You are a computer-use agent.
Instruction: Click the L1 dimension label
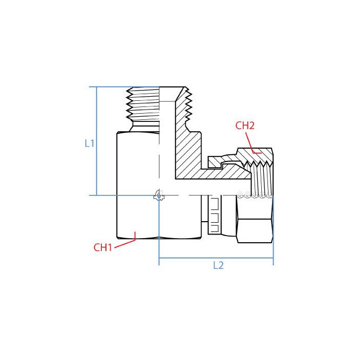pos(89,145)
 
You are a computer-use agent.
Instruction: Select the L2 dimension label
pos(218,265)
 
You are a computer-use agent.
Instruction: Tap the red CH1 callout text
pos(103,247)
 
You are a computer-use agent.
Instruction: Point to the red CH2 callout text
pos(245,125)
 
